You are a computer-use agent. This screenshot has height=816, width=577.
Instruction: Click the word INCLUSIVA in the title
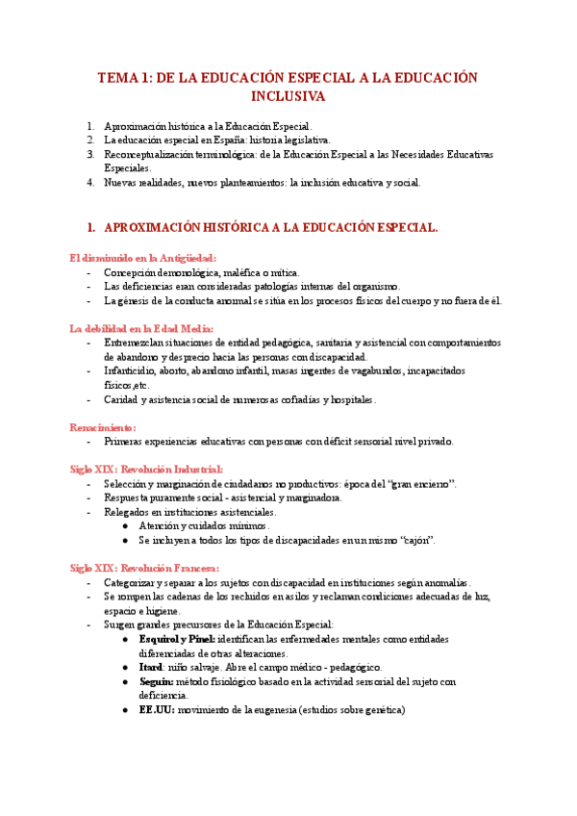click(x=288, y=96)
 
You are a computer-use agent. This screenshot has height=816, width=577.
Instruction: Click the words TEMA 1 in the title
click(x=123, y=77)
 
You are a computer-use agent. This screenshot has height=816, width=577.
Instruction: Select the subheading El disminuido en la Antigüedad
click(x=143, y=258)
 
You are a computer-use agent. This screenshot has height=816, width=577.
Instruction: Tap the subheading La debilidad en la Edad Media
click(x=141, y=328)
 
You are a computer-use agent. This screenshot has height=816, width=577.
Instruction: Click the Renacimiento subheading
click(x=103, y=426)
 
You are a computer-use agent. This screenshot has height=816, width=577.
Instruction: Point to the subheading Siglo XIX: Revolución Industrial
click(x=146, y=469)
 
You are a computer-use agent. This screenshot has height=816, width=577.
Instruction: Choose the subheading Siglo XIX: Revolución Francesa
click(x=144, y=568)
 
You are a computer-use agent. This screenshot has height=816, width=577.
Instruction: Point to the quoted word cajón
click(x=415, y=540)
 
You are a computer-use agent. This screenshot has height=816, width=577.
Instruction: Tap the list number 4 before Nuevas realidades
click(x=89, y=182)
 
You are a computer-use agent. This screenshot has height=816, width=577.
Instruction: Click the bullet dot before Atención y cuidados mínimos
click(x=127, y=526)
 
